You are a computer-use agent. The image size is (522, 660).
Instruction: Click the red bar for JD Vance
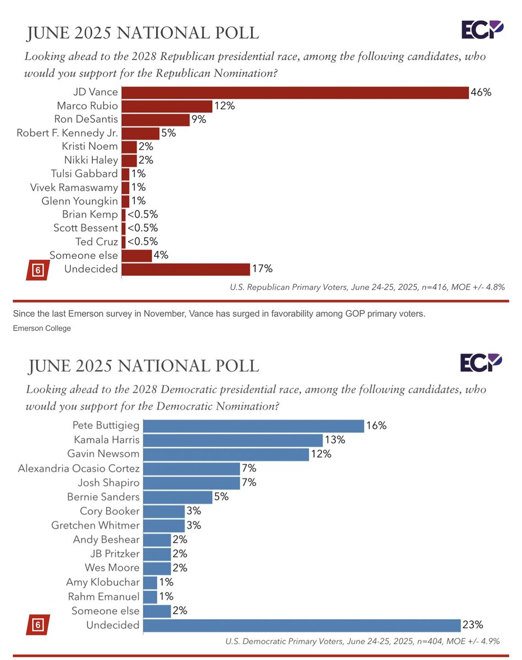pyautogui.click(x=295, y=92)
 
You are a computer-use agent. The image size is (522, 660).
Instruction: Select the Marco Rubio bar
pyautogui.click(x=166, y=106)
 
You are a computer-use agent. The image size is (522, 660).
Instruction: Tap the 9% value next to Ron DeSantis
pyautogui.click(x=199, y=119)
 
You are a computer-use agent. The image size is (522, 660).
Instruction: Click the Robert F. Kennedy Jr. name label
pyautogui.click(x=67, y=133)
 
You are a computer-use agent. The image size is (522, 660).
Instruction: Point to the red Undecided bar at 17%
pyautogui.click(x=186, y=269)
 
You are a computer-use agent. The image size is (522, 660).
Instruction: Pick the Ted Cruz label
pyautogui.click(x=97, y=241)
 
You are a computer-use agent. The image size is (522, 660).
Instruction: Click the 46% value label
pyautogui.click(x=481, y=92)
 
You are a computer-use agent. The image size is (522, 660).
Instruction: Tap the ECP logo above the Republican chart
pyautogui.click(x=482, y=30)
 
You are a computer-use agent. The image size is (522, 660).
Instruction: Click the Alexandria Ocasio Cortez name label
pyautogui.click(x=79, y=469)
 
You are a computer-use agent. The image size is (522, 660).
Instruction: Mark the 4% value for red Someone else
pyautogui.click(x=161, y=255)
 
